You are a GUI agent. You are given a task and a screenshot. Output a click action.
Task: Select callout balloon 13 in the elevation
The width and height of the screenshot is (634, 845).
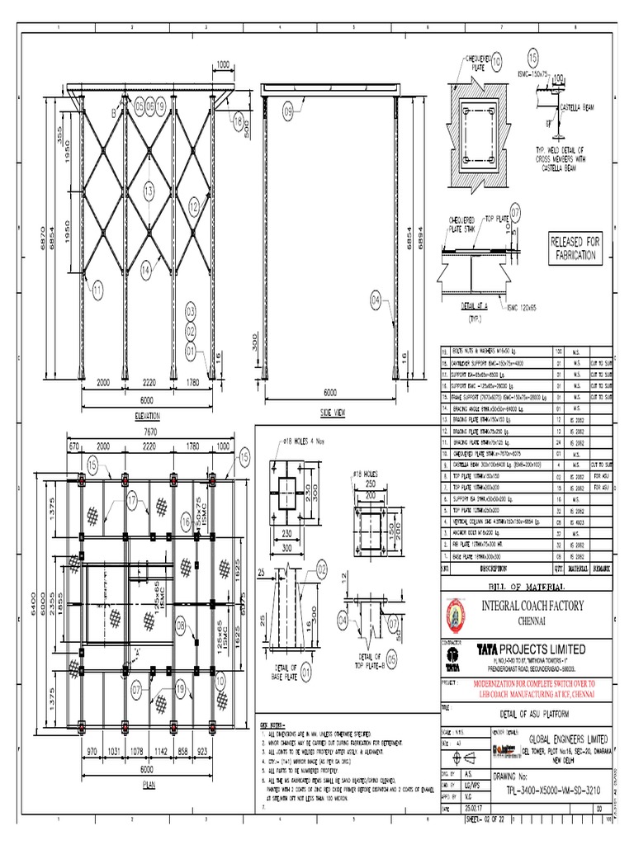pos(149,192)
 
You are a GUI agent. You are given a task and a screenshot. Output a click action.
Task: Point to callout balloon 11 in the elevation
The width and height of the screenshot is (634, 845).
pos(98,289)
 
